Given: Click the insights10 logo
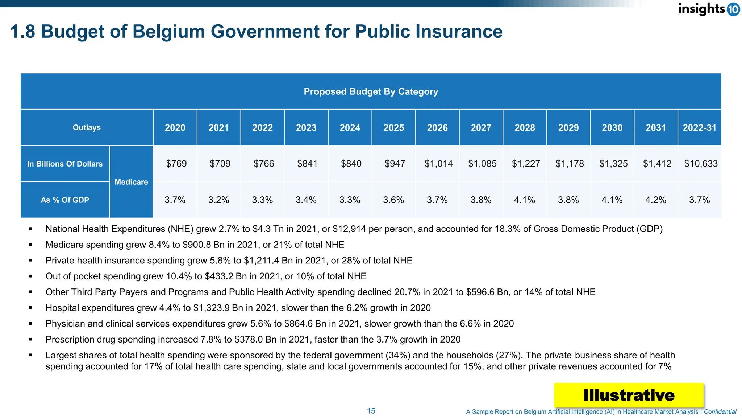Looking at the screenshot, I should pos(708,9).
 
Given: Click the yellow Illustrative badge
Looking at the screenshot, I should pos(629,395).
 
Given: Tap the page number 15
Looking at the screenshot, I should pos(371,411).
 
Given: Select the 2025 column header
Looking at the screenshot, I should pos(393,128).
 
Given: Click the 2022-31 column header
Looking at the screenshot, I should pos(699,128).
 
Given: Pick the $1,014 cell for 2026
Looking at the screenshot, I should pos(438,164).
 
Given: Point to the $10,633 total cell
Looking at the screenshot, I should pos(701,164).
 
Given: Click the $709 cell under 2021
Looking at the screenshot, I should pos(220,164).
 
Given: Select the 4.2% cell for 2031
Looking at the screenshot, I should pos(655,200).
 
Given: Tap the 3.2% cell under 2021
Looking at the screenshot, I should pos(218,200).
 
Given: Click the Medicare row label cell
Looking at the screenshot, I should pos(131,182).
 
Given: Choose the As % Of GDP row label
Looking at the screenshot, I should pos(65,200).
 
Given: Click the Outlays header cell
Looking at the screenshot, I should pos(87,127).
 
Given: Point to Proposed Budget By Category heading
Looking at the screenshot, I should pos(371,91).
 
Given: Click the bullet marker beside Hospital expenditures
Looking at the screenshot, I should pos(30,308).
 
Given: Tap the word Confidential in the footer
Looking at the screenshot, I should pos(720,411).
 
